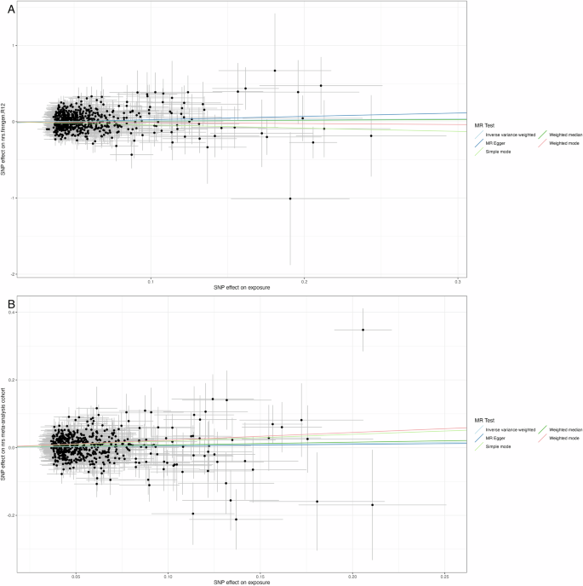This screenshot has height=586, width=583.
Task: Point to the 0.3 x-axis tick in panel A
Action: coord(457,280)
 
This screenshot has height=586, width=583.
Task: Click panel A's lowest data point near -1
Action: coord(290,198)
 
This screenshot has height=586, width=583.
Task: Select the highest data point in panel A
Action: coord(275,70)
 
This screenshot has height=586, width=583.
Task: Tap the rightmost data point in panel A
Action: coord(371,136)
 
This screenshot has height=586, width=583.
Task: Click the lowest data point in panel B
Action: coord(236,520)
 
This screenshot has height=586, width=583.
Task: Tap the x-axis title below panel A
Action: coord(234,287)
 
